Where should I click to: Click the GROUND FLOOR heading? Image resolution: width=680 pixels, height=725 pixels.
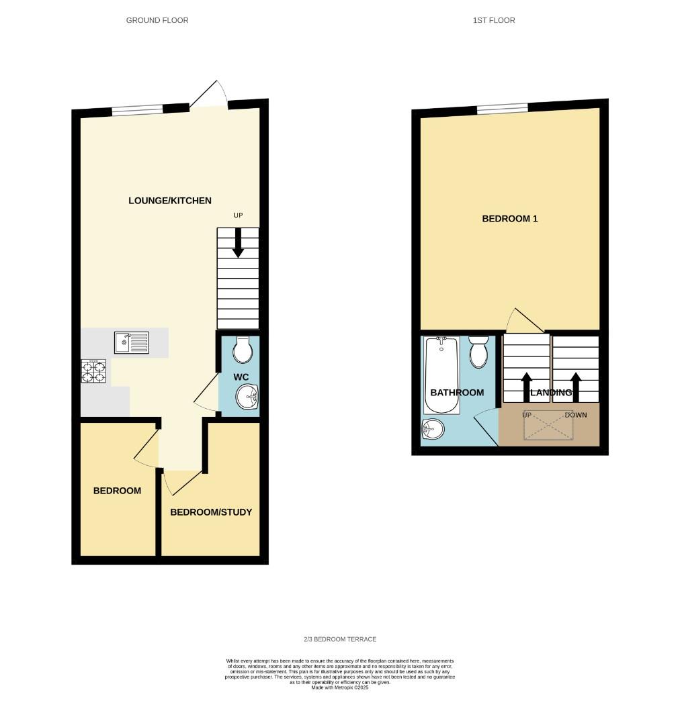157,20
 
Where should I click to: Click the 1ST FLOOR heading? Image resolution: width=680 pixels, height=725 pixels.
494,20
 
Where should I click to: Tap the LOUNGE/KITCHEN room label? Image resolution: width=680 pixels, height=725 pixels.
171,201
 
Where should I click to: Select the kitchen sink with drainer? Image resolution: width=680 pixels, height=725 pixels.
132,343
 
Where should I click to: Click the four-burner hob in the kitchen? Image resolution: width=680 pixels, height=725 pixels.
94,371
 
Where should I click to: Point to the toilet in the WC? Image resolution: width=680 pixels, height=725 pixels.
241,348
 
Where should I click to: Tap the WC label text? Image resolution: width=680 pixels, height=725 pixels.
241,377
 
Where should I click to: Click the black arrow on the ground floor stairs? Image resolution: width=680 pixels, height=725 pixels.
238,242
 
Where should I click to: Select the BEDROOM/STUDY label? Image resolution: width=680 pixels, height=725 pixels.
211,512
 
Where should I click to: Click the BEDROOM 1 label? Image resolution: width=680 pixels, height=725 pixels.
510,219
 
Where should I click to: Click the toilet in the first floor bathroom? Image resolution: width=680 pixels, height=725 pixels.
478,352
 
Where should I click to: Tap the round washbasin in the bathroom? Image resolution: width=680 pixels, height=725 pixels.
433,428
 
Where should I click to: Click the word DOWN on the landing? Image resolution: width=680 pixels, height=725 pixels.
576,415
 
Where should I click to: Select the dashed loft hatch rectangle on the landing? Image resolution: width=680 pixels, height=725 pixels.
548,426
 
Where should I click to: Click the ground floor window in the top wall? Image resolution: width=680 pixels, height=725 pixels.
137,110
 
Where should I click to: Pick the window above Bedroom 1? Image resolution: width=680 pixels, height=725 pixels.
502,108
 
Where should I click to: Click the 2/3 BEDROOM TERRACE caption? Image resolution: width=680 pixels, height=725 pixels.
339,639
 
